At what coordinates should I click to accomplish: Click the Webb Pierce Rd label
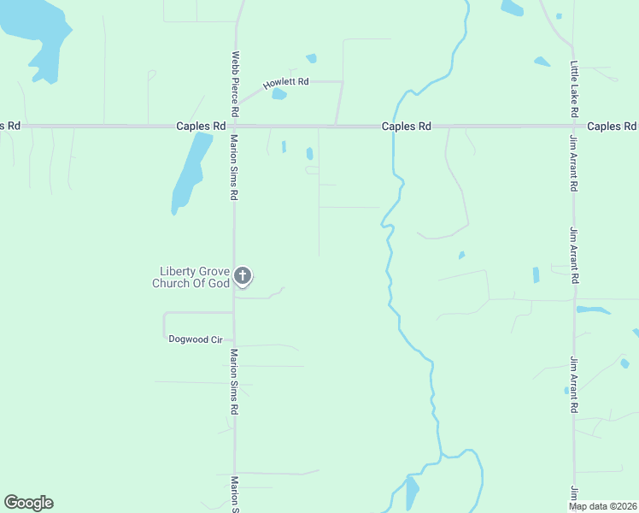(233, 85)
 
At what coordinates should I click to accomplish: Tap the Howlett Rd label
(285, 83)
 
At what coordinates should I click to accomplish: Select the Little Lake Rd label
(575, 89)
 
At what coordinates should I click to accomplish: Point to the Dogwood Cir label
(195, 339)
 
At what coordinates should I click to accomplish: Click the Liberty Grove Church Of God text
(191, 277)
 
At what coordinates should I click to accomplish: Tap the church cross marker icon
(243, 275)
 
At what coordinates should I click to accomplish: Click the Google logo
(28, 503)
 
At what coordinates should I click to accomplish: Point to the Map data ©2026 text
(602, 506)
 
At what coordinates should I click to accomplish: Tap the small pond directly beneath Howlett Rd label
(278, 94)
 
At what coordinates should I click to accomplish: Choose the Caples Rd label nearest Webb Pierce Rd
(201, 126)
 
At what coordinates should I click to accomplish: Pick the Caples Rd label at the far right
(612, 126)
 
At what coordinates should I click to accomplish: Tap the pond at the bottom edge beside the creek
(412, 493)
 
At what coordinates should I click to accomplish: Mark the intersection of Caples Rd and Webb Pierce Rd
(235, 126)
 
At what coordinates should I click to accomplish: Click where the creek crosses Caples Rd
(393, 126)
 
